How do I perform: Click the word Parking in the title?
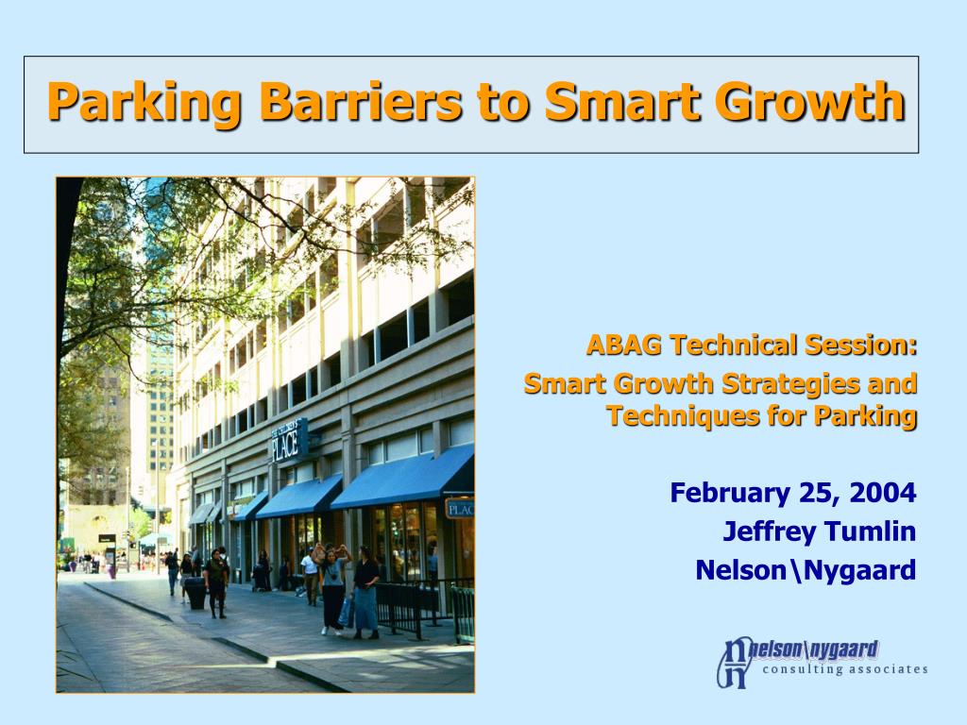(144, 103)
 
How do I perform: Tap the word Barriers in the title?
(360, 101)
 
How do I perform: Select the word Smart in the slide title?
(622, 101)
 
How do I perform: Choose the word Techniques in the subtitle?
(683, 415)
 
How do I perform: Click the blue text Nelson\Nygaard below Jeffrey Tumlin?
(806, 571)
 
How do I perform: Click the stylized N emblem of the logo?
(735, 663)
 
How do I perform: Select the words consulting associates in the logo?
(845, 669)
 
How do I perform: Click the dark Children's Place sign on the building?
(289, 440)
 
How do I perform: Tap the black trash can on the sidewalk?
(196, 593)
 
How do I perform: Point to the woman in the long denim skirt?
(365, 593)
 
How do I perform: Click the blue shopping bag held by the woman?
(346, 612)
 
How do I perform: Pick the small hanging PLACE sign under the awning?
(460, 508)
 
